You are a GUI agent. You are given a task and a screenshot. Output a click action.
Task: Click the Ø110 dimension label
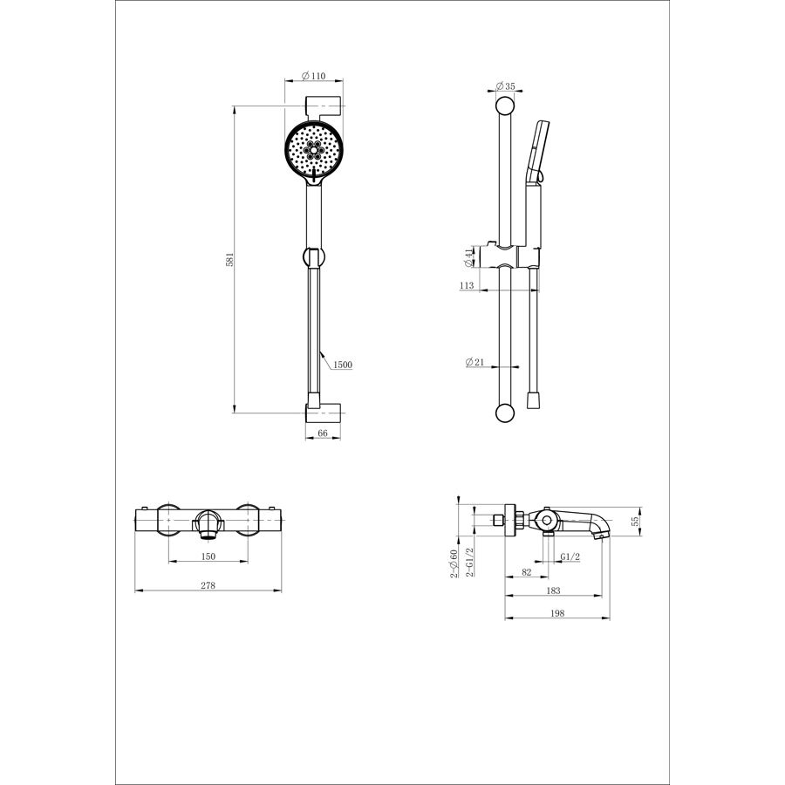pyautogui.click(x=313, y=76)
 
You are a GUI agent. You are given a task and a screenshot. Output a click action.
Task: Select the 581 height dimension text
pyautogui.click(x=229, y=259)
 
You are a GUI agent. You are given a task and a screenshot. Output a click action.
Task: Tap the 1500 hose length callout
pyautogui.click(x=343, y=365)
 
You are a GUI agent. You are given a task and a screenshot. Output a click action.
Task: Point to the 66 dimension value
pyautogui.click(x=323, y=433)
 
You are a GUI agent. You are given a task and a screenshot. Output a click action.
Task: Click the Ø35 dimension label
pyautogui.click(x=505, y=86)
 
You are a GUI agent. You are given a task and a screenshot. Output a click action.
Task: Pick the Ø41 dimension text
pyautogui.click(x=468, y=257)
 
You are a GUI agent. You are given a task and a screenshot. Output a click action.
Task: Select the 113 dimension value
pyautogui.click(x=467, y=285)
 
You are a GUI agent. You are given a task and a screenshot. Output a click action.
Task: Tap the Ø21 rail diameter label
pyautogui.click(x=475, y=361)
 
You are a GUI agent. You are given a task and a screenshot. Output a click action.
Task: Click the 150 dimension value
pyautogui.click(x=208, y=556)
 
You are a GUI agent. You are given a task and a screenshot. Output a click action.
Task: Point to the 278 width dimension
pyautogui.click(x=208, y=585)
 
